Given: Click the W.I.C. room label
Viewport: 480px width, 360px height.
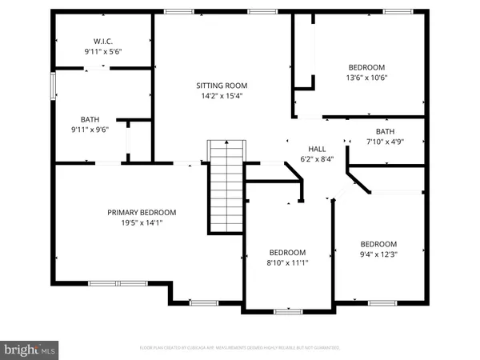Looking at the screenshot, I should click(x=102, y=41).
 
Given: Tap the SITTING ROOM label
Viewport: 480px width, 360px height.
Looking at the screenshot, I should click(x=222, y=85).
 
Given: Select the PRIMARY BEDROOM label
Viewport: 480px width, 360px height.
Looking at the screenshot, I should click(x=142, y=212).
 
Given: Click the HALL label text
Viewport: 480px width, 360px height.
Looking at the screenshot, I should click(x=318, y=149).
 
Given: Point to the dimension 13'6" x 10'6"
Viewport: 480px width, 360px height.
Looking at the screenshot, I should click(x=367, y=78).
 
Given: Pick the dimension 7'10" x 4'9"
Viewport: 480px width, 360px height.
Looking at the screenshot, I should click(x=386, y=142).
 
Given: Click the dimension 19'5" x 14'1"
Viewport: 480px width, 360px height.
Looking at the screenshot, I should click(x=142, y=223).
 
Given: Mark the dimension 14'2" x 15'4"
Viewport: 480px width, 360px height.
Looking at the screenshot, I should click(x=222, y=96).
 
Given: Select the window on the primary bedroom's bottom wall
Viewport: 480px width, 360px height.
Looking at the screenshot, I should click(x=111, y=282).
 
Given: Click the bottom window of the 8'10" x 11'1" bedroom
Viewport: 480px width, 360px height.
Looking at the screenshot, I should click(x=287, y=310).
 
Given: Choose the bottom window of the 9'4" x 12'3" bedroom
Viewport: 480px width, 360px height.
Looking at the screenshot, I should click(x=379, y=302).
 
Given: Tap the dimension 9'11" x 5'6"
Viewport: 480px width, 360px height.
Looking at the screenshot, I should click(x=102, y=51).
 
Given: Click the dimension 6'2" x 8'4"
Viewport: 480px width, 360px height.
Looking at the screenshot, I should click(x=318, y=158).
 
